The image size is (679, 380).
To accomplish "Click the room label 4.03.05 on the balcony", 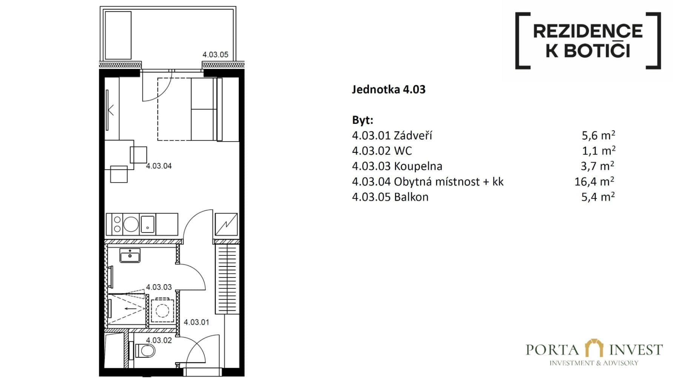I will (215, 55).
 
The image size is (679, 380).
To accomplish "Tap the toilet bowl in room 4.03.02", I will (146, 351).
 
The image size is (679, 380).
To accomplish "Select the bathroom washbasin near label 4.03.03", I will (130, 255).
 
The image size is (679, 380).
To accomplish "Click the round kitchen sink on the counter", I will (131, 224).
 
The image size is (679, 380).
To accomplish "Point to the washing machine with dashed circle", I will (163, 311).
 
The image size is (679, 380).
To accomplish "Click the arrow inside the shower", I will (131, 309).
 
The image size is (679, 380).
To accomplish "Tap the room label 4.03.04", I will (159, 166).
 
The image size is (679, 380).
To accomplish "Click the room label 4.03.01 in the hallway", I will (196, 322).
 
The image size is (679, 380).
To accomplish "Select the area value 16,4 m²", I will (594, 182).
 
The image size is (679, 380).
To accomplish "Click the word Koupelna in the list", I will (418, 166).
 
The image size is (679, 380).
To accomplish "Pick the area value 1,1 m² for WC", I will (598, 151).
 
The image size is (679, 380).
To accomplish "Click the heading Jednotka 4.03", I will (389, 89).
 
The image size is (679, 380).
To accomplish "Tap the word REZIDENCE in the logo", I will (588, 31).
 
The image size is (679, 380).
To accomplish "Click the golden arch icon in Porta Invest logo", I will (594, 348).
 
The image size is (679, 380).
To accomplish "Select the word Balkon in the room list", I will (411, 197).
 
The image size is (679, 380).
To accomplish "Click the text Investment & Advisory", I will (594, 363).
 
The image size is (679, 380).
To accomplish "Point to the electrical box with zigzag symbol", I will (226, 225).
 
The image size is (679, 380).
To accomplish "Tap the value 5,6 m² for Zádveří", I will (598, 135).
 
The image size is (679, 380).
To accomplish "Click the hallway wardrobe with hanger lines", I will (227, 279).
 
